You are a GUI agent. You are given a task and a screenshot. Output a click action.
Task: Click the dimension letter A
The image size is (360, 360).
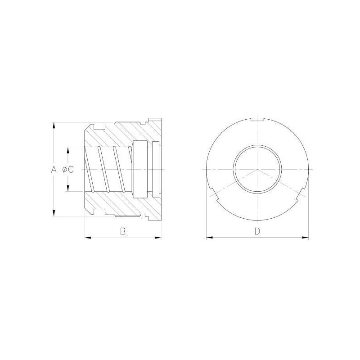point(54,170)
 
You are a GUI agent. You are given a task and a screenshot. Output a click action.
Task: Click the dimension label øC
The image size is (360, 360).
point(68,170)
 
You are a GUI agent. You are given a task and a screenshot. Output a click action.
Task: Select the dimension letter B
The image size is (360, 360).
point(123,231)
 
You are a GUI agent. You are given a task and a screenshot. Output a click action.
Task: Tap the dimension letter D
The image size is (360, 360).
point(257,231)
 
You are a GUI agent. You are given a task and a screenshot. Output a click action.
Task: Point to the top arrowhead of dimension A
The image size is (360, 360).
point(54,126)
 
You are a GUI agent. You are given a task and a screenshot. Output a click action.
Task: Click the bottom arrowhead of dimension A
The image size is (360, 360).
point(54,213)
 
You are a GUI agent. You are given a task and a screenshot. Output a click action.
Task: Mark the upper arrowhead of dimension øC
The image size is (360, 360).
point(68,150)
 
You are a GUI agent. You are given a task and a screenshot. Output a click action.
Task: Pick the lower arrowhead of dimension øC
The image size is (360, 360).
point(68,188)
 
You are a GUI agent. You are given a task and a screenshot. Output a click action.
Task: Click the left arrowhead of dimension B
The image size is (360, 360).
point(88,238)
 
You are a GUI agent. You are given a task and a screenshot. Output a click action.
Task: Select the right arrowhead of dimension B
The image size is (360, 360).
point(158,238)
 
